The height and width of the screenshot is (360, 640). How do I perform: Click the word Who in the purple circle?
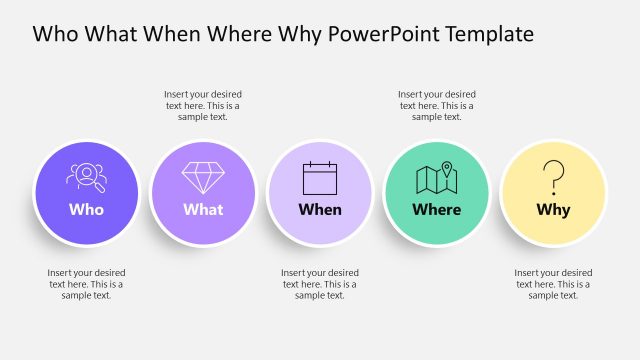pos(86,210)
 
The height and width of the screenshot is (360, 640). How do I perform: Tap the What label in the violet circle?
pos(203,210)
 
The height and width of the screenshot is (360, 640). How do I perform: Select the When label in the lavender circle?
pos(320,210)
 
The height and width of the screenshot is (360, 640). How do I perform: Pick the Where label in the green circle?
pos(437,210)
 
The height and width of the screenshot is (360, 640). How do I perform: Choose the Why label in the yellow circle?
pos(553,210)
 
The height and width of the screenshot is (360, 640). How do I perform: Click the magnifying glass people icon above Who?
pos(86,177)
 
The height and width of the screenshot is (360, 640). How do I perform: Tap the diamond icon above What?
pos(203,177)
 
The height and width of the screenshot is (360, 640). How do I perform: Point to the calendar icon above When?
pos(320,177)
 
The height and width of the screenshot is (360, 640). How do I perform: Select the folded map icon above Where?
pos(437,178)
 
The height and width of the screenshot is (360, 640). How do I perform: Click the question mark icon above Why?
pos(553,177)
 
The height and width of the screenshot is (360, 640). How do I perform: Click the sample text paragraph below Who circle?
pos(86,283)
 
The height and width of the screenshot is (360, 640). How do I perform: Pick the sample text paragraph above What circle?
pos(203,105)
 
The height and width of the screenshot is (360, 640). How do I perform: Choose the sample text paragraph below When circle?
pos(320,283)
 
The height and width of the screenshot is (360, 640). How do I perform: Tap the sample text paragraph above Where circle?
pos(437,105)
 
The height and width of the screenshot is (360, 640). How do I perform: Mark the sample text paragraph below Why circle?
pos(553,283)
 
